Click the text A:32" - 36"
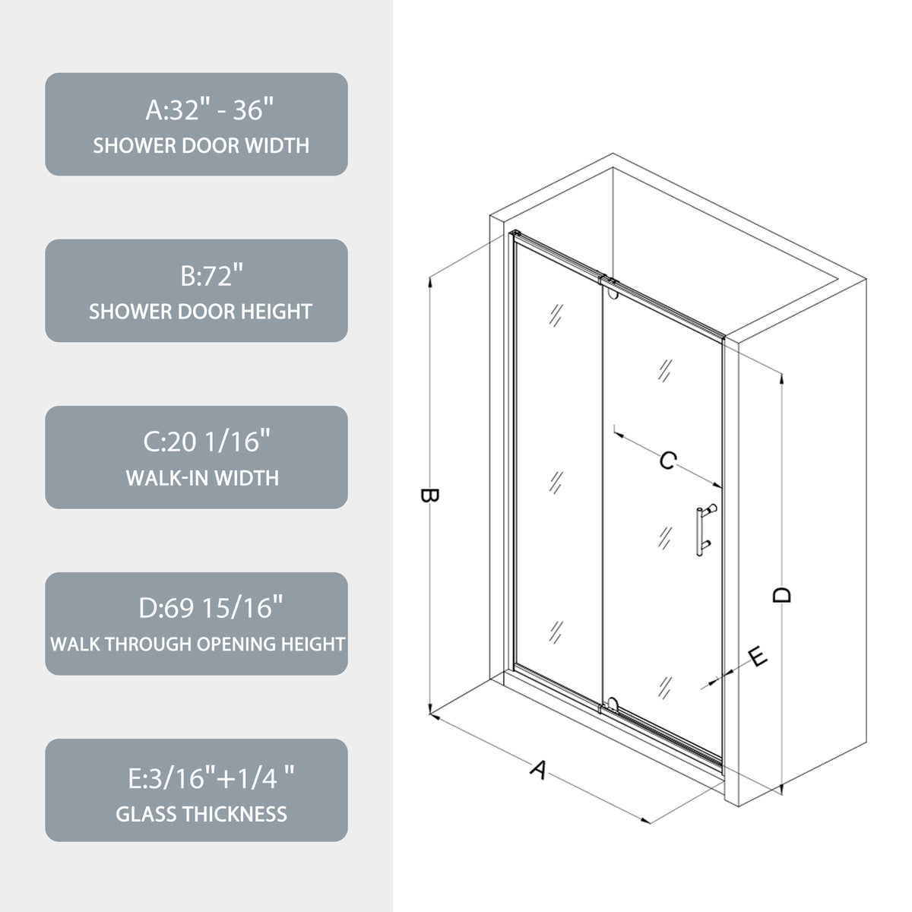(209, 109)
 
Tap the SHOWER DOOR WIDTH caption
(201, 145)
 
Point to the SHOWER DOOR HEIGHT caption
(201, 312)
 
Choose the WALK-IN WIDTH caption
(203, 478)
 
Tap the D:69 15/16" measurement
(211, 608)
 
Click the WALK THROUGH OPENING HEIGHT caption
(198, 644)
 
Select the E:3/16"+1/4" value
(211, 778)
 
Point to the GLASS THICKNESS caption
(201, 814)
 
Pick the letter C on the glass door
(668, 461)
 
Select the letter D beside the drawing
(781, 595)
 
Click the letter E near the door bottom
(758, 657)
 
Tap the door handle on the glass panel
(705, 530)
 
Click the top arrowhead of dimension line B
(430, 282)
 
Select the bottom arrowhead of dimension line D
(781, 788)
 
